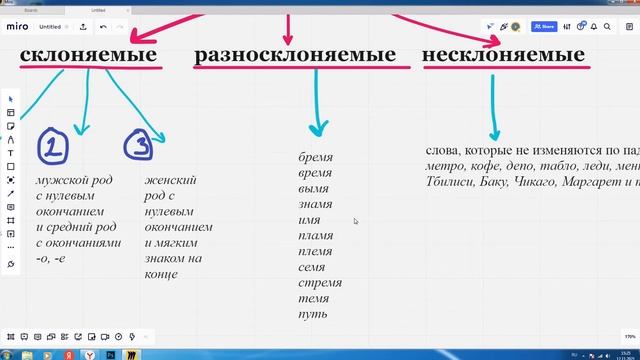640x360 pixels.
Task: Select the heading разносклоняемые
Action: [x=294, y=54]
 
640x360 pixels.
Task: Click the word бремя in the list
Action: [x=315, y=157]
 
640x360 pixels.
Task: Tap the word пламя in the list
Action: [x=316, y=236]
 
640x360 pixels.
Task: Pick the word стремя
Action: [x=319, y=283]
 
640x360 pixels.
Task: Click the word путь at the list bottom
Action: [x=313, y=315]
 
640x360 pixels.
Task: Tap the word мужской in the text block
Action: [x=61, y=180]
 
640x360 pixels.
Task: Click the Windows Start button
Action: [x=9, y=353]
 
